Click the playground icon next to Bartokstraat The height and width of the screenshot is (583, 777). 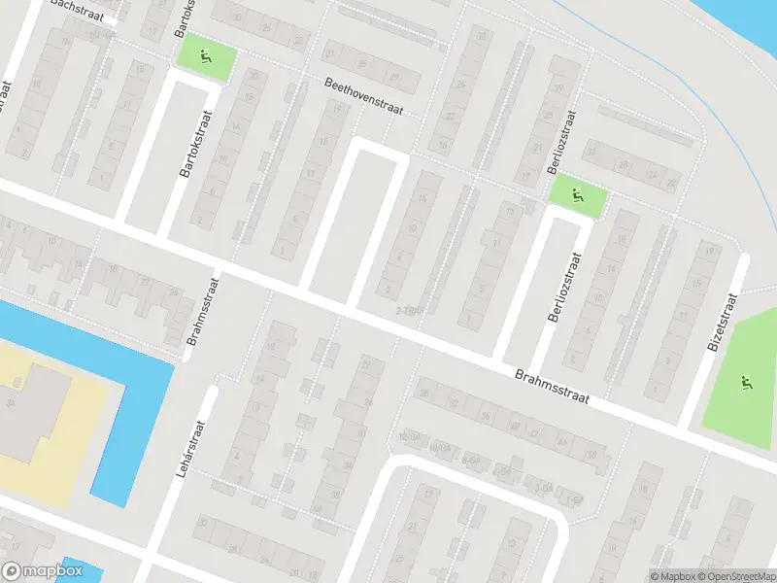[205, 56]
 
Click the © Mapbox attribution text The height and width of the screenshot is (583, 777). [672, 576]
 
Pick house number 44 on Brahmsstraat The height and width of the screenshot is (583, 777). [561, 442]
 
